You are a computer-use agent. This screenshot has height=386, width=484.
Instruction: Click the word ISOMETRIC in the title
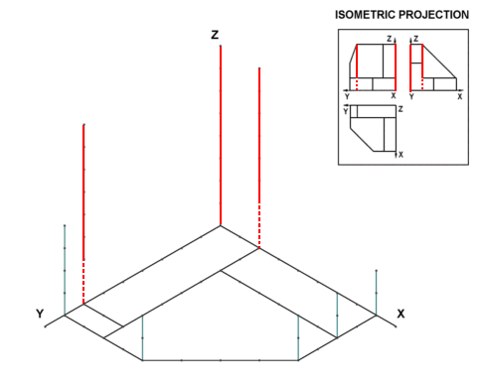tap(365, 15)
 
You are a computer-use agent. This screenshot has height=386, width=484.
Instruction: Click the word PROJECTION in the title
tap(433, 15)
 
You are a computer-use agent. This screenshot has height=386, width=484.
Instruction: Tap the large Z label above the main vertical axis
tap(215, 35)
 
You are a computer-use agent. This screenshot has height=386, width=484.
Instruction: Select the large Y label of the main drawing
tap(40, 314)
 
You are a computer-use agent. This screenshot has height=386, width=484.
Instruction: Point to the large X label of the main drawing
tap(401, 314)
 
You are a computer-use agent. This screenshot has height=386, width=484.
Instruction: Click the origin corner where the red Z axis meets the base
tap(221, 225)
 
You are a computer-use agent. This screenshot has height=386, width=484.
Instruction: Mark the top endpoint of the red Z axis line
tap(221, 46)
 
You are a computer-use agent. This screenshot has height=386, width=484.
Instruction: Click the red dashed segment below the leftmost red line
tap(83, 282)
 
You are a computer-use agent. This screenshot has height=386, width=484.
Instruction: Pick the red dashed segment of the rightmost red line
tap(259, 225)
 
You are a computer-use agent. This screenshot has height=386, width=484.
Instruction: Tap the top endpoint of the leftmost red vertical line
tap(83, 125)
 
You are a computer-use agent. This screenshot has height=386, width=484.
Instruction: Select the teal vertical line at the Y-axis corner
tap(65, 270)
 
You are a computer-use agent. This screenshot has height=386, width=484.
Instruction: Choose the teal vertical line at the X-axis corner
tap(377, 293)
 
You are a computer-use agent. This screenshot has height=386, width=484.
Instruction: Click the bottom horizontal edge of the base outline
tap(221, 360)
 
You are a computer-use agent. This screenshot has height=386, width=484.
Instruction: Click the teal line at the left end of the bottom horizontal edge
tap(142, 337)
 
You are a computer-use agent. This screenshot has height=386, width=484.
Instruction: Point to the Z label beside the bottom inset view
tap(401, 109)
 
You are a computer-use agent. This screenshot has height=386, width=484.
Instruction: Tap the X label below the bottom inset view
tap(401, 155)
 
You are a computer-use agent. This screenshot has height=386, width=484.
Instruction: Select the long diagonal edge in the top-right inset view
tap(439, 62)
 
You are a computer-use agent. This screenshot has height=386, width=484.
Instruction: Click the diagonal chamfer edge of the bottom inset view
tap(362, 139)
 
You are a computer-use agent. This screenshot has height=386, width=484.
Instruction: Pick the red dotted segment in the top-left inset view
tap(357, 84)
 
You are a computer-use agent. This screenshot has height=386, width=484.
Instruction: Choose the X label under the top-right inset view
tap(460, 97)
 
